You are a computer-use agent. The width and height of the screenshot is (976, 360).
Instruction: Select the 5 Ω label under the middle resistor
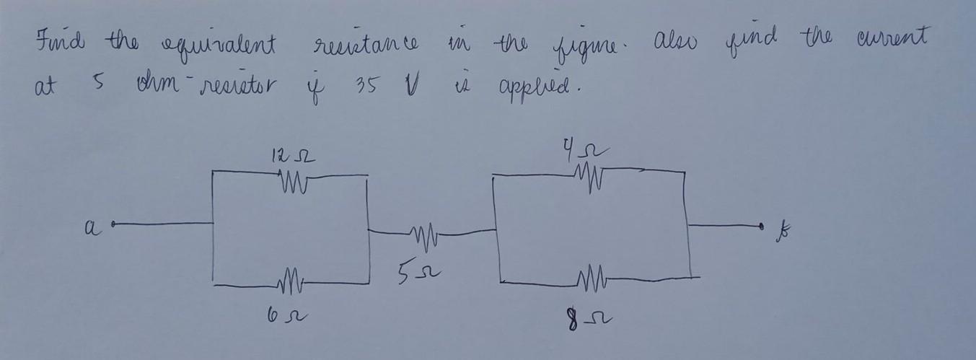point(420,273)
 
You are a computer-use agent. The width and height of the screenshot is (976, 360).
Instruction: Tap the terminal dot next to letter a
point(115,224)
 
